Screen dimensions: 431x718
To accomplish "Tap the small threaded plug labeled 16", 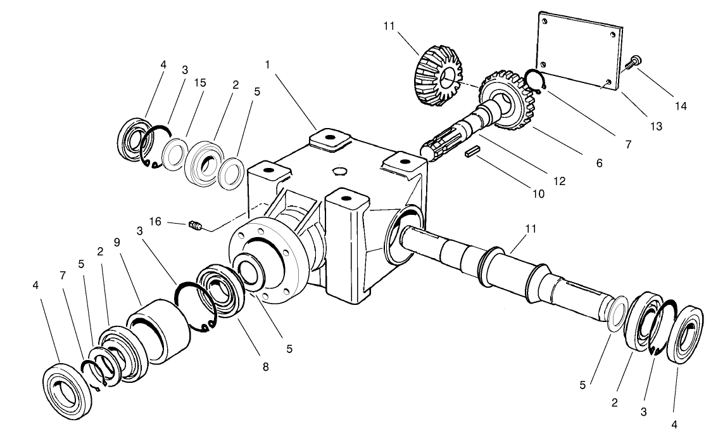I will [195, 224].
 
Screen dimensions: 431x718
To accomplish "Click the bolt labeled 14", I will [633, 62].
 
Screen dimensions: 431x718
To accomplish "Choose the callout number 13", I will [656, 127].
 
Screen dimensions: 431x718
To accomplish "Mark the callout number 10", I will [538, 194].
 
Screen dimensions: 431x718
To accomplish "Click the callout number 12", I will [558, 180].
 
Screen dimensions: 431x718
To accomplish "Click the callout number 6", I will [598, 163].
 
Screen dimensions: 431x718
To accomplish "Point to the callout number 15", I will [200, 83].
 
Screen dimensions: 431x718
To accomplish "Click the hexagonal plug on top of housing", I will [339, 171].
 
